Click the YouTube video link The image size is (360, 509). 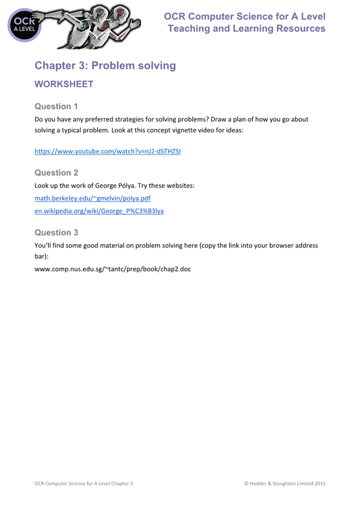tap(107, 151)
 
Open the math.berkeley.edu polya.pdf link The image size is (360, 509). tap(92, 198)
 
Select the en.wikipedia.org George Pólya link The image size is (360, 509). tap(99, 210)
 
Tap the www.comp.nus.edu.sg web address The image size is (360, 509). tap(112, 268)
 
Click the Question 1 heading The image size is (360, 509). tap(56, 106)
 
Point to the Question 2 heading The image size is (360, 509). tap(56, 173)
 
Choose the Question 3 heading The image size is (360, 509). tap(56, 233)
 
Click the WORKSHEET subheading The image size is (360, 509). tap(64, 84)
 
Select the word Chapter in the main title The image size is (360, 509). tap(56, 66)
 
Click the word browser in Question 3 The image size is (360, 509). tap(270, 245)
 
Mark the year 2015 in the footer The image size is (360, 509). tap(319, 483)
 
